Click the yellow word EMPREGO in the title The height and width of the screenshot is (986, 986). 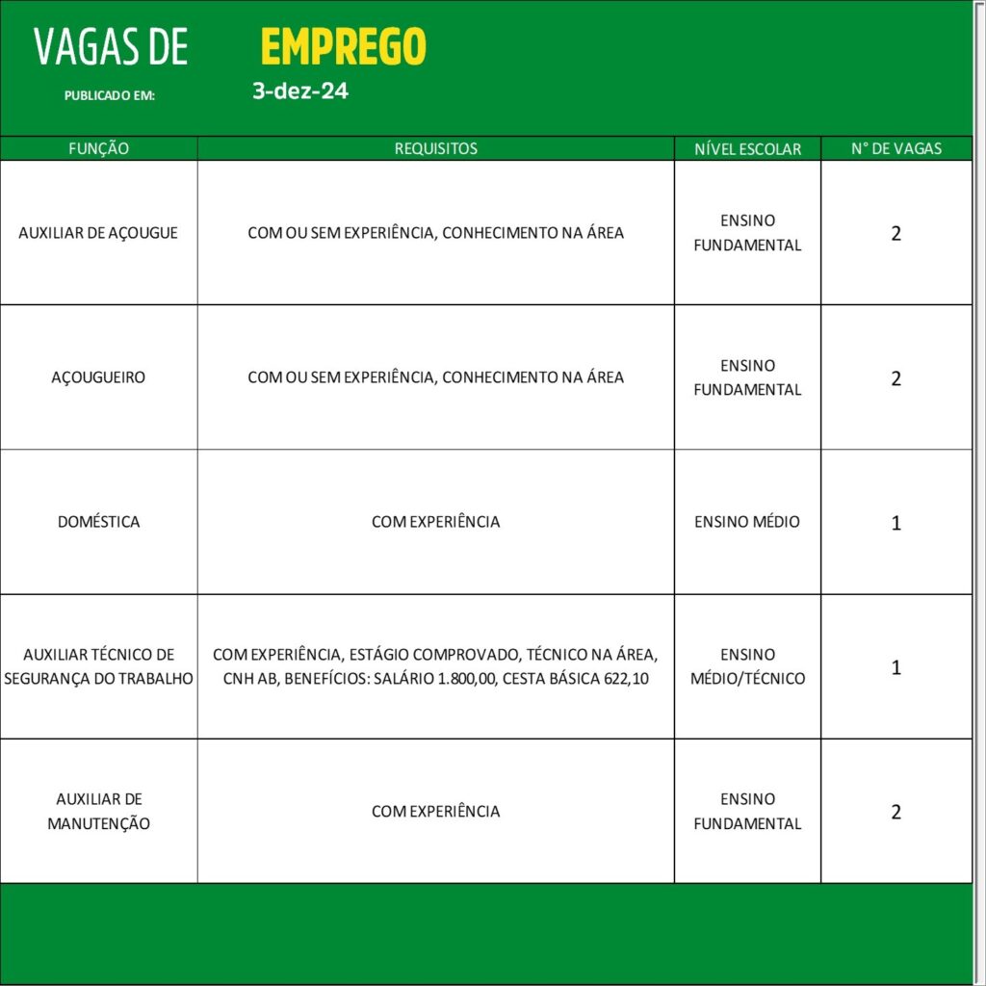tap(343, 46)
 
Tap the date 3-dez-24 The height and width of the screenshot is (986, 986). tap(300, 92)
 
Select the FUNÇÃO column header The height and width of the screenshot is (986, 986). tap(98, 149)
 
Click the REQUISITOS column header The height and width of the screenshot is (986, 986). tap(435, 149)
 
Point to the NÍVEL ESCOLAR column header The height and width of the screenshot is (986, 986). tap(747, 149)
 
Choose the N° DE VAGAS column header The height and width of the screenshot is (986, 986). tap(896, 149)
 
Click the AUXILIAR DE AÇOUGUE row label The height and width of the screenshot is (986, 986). tap(98, 233)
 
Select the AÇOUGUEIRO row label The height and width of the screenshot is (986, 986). tap(98, 377)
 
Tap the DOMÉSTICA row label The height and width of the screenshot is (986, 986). tap(98, 522)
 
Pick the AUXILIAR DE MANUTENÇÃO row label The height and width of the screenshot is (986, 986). tap(98, 811)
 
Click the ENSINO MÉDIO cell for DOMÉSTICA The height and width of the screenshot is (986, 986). tap(747, 522)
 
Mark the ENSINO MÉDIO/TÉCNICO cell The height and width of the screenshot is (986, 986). tap(747, 666)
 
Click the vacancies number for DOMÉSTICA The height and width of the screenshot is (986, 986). tap(896, 523)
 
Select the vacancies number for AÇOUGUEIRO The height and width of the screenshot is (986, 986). tap(896, 378)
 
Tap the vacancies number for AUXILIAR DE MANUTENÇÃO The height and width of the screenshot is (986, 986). tap(896, 812)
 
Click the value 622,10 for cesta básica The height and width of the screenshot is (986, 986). tap(627, 678)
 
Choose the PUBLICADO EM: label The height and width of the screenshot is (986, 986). tap(110, 96)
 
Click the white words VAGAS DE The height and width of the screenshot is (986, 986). tap(111, 47)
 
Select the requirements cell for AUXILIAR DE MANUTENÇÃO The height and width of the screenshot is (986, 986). tap(435, 811)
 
